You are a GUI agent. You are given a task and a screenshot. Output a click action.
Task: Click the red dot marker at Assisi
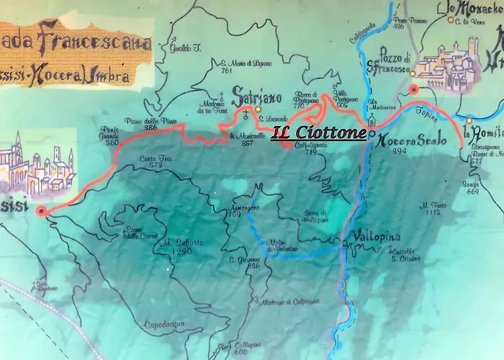(x=42, y=211)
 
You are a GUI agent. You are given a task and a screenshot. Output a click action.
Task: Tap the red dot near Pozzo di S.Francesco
(x=413, y=90)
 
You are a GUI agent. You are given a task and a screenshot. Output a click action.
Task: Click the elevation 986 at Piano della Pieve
(x=150, y=127)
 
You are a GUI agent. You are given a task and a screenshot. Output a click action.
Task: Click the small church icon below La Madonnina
(x=372, y=118)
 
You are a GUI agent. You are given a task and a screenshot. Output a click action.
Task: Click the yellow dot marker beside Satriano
(x=258, y=110)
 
